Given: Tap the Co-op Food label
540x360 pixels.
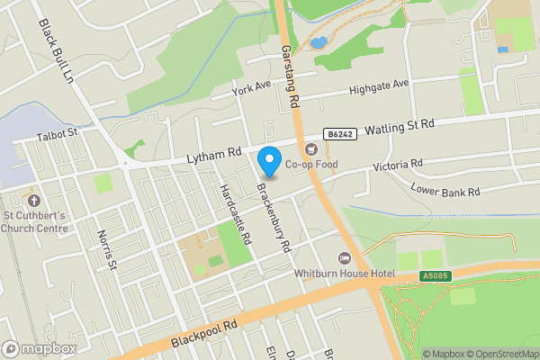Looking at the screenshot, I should [311, 165].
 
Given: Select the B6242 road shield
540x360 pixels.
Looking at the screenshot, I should [340, 134].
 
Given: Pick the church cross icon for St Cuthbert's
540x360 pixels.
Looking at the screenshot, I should [34, 200].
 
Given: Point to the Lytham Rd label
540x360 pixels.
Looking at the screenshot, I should [214, 156].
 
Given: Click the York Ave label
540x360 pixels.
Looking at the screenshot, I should [251, 87].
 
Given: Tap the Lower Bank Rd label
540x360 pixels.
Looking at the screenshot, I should [445, 191].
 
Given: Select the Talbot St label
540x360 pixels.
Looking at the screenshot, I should [58, 134].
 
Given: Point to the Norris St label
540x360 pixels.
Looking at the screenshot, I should [107, 248].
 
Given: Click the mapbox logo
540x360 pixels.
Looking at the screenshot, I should [39, 348].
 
